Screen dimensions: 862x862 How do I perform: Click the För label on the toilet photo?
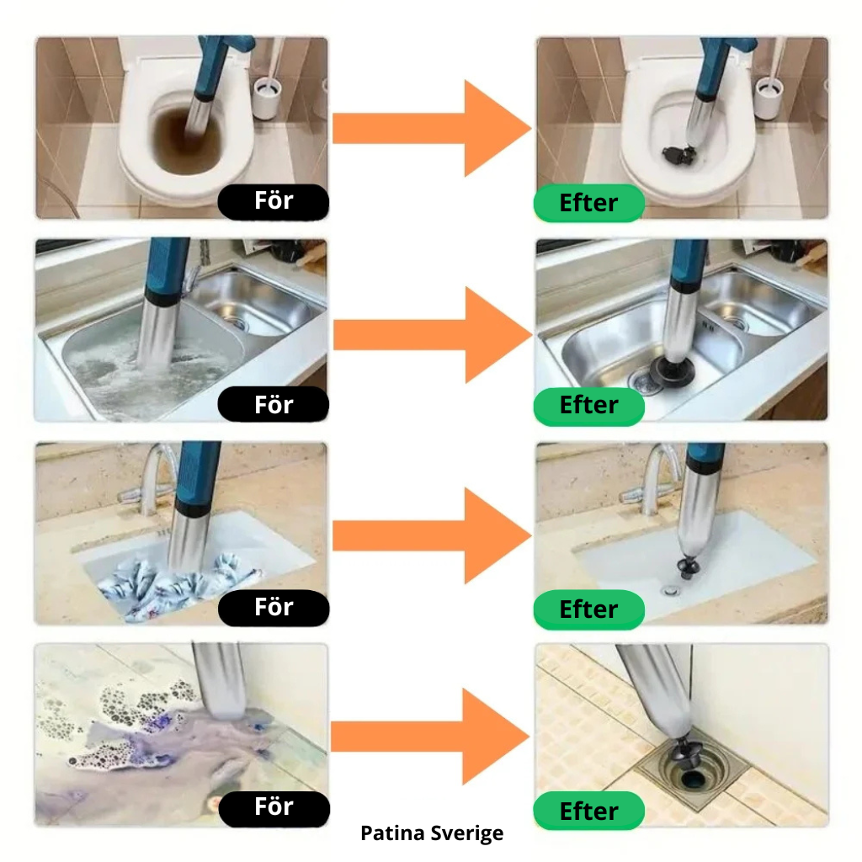coord(274,201)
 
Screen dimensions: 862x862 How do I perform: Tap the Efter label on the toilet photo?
coord(588,203)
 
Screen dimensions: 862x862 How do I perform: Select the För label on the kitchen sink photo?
coord(274,405)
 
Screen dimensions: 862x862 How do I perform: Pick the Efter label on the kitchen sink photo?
coord(588,406)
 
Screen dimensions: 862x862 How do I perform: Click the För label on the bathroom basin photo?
coord(274,608)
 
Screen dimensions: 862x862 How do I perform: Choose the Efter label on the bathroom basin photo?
coord(588,609)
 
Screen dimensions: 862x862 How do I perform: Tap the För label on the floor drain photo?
coord(274,808)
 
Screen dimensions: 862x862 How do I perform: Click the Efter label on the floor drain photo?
coord(588,811)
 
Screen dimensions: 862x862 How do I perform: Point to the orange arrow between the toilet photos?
coord(432,129)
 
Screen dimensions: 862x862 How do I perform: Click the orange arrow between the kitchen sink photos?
coord(432,335)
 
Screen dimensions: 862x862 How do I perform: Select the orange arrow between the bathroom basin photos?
coord(432,535)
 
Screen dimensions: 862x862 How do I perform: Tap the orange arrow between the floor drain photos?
coord(431,737)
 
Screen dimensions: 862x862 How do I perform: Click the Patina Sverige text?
coord(432,833)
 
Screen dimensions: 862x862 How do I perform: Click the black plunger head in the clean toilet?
coord(678,155)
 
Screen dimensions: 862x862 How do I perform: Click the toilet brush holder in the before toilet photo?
coord(266,98)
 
